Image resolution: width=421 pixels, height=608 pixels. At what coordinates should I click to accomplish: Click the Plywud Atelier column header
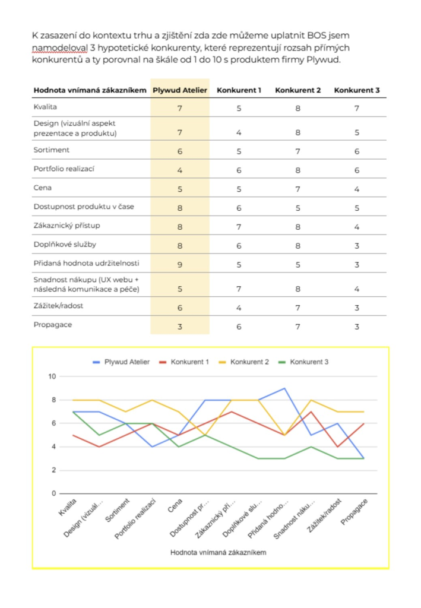(180, 90)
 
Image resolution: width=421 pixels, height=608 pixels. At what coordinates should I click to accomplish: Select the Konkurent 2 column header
(297, 90)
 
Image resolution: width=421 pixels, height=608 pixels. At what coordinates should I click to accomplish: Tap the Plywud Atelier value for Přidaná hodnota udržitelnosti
(179, 264)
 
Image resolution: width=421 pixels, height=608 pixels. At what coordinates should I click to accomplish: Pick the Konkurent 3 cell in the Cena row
(357, 188)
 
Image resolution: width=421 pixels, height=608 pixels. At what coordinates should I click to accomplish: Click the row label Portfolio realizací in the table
(64, 169)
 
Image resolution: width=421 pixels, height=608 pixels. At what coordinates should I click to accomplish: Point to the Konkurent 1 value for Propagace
(239, 326)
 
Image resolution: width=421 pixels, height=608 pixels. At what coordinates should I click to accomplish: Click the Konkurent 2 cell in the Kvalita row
(297, 108)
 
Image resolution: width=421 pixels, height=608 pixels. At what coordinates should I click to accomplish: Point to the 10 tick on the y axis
(52, 376)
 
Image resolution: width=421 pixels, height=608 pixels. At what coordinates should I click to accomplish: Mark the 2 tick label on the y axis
(53, 470)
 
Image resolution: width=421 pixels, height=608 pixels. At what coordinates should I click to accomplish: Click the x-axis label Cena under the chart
(175, 504)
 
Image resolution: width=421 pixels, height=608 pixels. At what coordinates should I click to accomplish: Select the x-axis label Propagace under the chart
(355, 511)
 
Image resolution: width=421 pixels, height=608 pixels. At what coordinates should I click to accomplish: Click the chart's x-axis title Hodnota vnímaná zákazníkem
(218, 552)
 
